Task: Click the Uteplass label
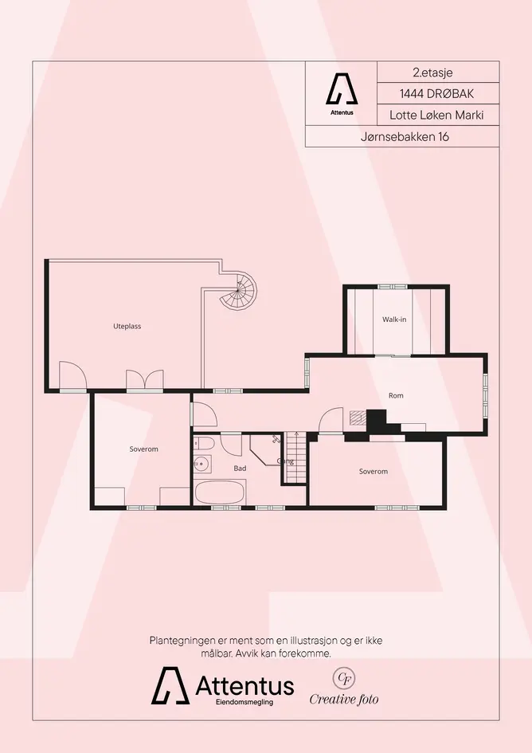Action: pyautogui.click(x=127, y=326)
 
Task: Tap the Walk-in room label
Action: pyautogui.click(x=394, y=320)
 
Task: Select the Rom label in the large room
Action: pyautogui.click(x=396, y=395)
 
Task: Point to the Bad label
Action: pyautogui.click(x=240, y=469)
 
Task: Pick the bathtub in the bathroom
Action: pyautogui.click(x=221, y=492)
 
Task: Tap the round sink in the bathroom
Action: pyautogui.click(x=201, y=464)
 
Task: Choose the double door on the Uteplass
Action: pyautogui.click(x=144, y=379)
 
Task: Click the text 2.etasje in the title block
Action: pyautogui.click(x=432, y=73)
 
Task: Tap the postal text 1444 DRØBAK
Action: pyautogui.click(x=437, y=94)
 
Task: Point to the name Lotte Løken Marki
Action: pyautogui.click(x=436, y=116)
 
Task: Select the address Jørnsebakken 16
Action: pyautogui.click(x=405, y=137)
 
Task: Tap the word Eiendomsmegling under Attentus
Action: pyautogui.click(x=244, y=702)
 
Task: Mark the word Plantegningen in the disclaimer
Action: pyautogui.click(x=178, y=641)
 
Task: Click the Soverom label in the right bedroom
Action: pyautogui.click(x=374, y=472)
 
